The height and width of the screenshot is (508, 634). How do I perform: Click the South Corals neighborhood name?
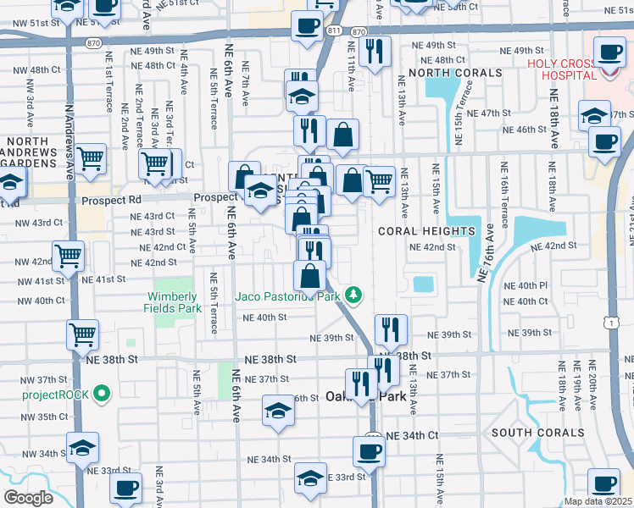(537, 433)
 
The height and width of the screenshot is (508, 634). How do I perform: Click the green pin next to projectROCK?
(102, 393)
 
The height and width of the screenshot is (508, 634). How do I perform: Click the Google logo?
(28, 498)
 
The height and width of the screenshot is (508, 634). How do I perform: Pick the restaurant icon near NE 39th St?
(391, 329)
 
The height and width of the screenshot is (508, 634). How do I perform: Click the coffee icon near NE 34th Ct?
(369, 450)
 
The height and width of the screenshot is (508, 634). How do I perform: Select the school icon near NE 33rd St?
(311, 478)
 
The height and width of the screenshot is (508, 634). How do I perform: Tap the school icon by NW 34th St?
(82, 446)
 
